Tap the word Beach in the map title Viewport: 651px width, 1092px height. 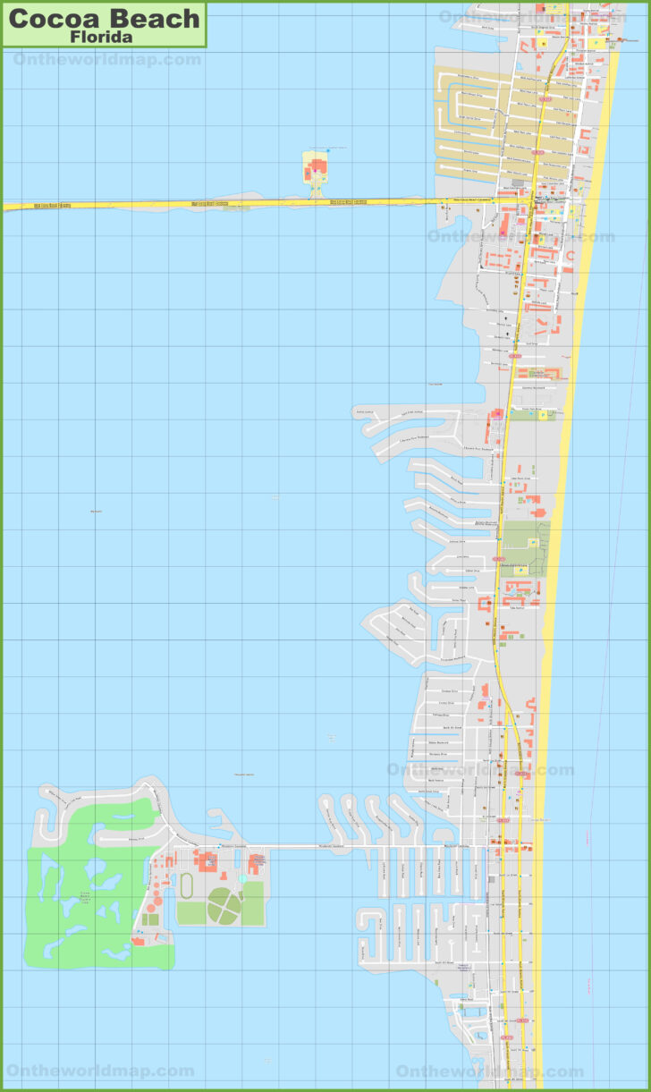tap(156, 18)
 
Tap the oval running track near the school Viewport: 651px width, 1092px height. tap(187, 885)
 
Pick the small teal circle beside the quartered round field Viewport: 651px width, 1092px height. tap(242, 879)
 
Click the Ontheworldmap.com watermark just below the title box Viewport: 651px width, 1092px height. tap(107, 59)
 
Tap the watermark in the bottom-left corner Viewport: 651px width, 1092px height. tap(100, 1071)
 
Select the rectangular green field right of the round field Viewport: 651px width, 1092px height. tap(253, 903)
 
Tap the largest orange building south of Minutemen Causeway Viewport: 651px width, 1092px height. tap(207, 862)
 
